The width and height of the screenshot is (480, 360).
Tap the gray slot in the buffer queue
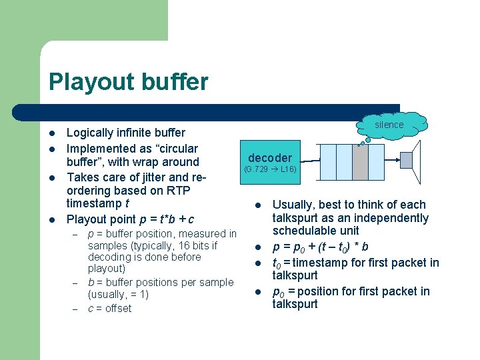pyautogui.click(x=360, y=162)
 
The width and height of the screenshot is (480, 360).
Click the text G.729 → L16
pyautogui.click(x=271, y=169)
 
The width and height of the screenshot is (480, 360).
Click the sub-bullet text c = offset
pyautogui.click(x=110, y=309)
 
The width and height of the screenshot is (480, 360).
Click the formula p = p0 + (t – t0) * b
pyautogui.click(x=321, y=247)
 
